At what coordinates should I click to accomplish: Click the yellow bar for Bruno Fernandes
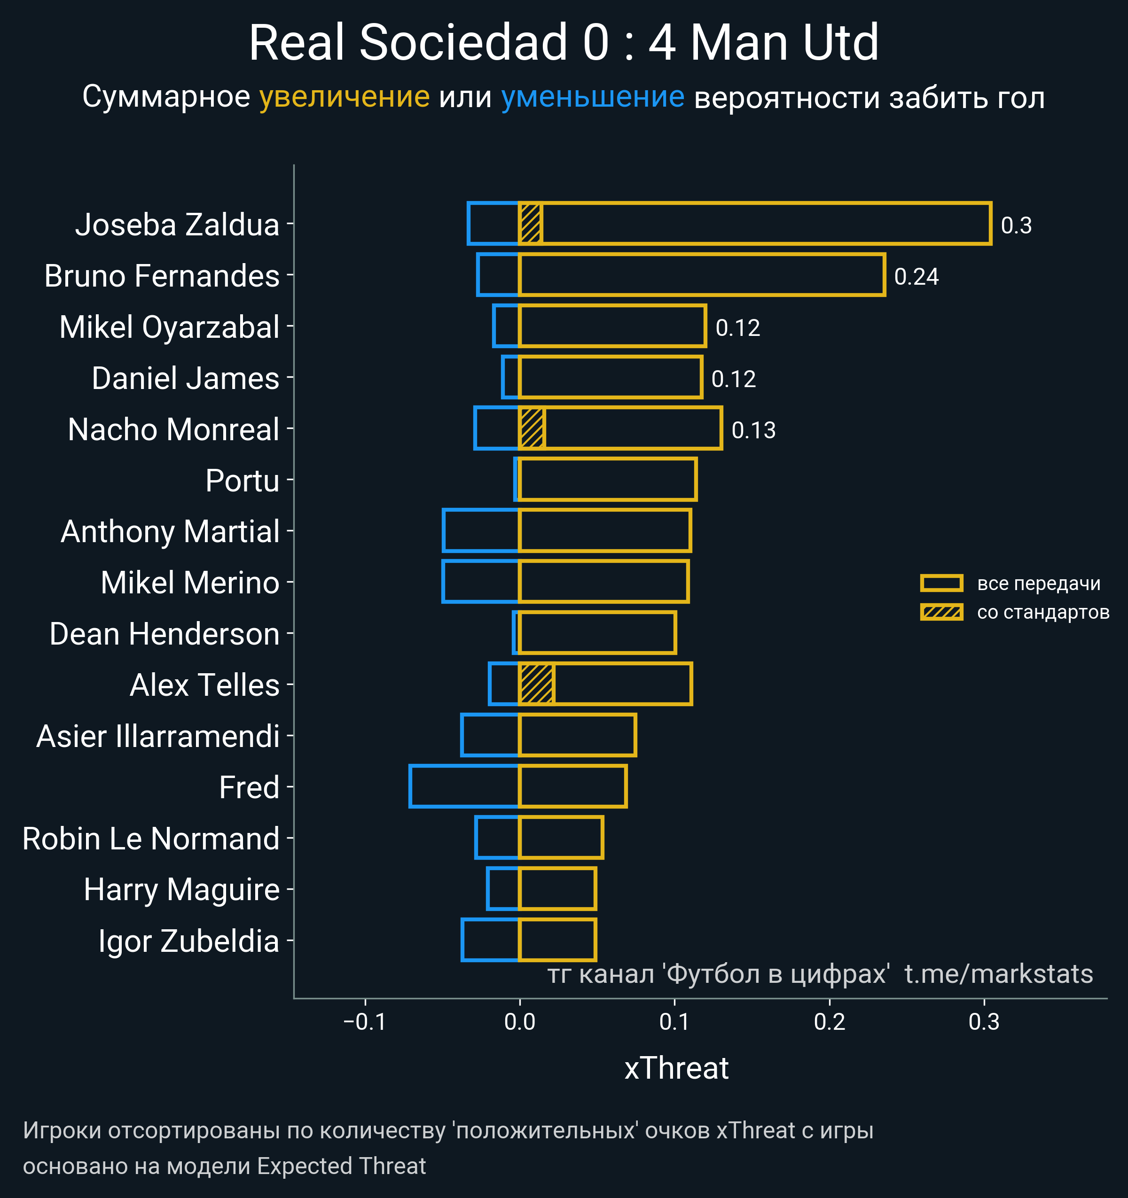[701, 275]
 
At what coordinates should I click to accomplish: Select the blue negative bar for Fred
[463, 786]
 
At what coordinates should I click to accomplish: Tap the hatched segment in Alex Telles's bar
[536, 684]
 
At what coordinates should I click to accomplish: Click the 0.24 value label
[916, 277]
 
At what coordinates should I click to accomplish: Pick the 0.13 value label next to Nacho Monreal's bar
[753, 430]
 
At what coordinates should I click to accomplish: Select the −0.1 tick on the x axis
[365, 1021]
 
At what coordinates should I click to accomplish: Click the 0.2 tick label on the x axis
[830, 1021]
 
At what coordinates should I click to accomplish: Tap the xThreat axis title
[676, 1068]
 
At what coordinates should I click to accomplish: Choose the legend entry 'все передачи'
[1038, 583]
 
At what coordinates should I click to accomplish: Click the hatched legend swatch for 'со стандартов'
[941, 612]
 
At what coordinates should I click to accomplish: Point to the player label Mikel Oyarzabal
[169, 327]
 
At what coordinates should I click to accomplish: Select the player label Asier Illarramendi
[158, 736]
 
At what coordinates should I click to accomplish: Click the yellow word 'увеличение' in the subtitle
[344, 97]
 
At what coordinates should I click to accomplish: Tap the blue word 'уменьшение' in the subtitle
[593, 97]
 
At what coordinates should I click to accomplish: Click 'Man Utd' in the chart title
[784, 43]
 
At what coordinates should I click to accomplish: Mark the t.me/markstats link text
[998, 974]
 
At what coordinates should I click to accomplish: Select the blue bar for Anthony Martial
[480, 530]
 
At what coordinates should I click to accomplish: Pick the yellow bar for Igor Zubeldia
[557, 940]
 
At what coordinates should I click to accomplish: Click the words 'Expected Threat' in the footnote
[341, 1166]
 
